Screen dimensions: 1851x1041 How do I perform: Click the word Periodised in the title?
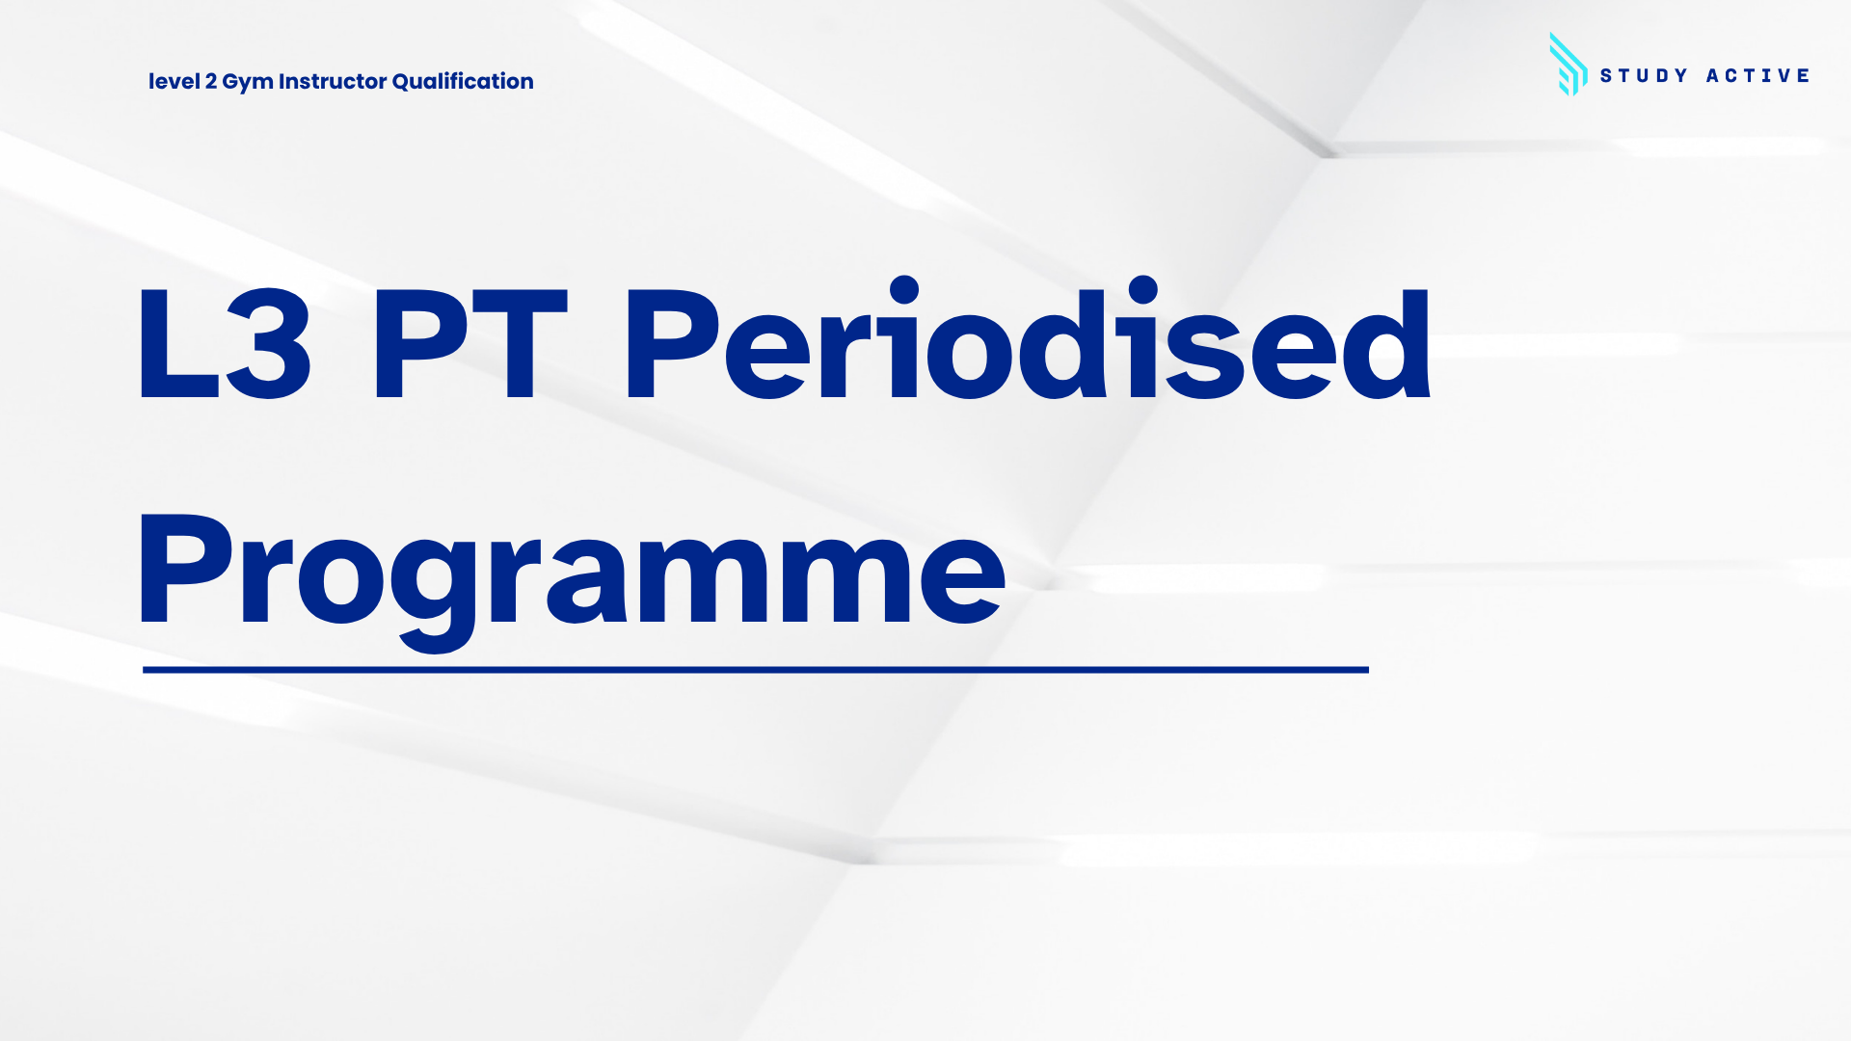[x=1029, y=339]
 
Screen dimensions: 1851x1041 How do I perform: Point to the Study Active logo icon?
[x=1568, y=65]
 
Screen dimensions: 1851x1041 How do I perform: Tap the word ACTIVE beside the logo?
[x=1757, y=76]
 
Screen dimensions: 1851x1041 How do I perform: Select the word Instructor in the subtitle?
[x=333, y=82]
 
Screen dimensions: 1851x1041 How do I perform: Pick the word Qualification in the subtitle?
[x=463, y=82]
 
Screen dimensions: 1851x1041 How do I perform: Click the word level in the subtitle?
[x=174, y=82]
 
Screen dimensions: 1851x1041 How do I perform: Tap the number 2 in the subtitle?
[x=211, y=82]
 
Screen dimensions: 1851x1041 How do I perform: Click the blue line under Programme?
[x=756, y=669]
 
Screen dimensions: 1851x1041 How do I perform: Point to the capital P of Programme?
[x=185, y=569]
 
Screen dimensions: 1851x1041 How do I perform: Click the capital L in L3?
[x=178, y=343]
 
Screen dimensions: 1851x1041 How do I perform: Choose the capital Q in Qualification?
[x=402, y=82]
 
